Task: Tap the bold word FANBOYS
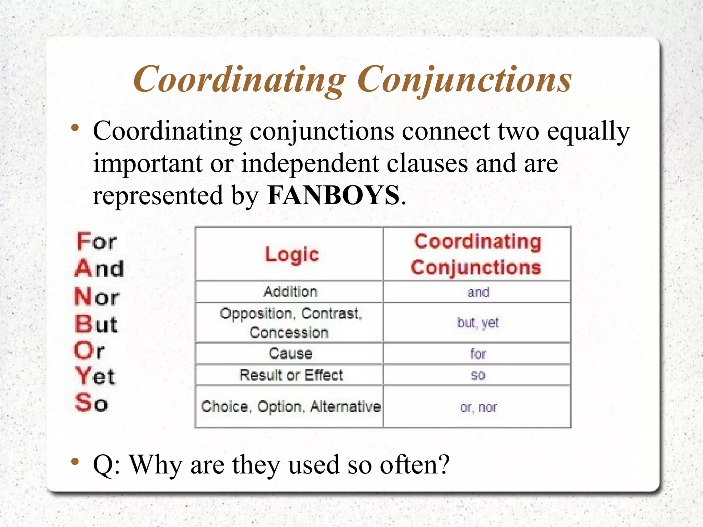coord(333,195)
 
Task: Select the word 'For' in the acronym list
coord(96,241)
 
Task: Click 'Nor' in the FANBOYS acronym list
coord(97,297)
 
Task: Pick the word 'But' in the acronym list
coord(96,324)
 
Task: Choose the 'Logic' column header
coord(292,254)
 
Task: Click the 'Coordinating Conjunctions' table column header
coord(477,254)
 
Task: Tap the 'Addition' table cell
coord(290,292)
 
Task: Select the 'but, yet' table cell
coord(478,323)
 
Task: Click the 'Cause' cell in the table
coord(290,353)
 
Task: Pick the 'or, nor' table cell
coord(478,407)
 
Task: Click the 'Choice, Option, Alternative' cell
coord(291,407)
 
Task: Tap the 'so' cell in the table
coord(478,375)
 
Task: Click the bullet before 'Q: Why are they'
coord(75,461)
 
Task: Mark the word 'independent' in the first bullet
coord(310,163)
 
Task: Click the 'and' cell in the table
coord(478,292)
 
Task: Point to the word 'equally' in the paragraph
coord(588,131)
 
